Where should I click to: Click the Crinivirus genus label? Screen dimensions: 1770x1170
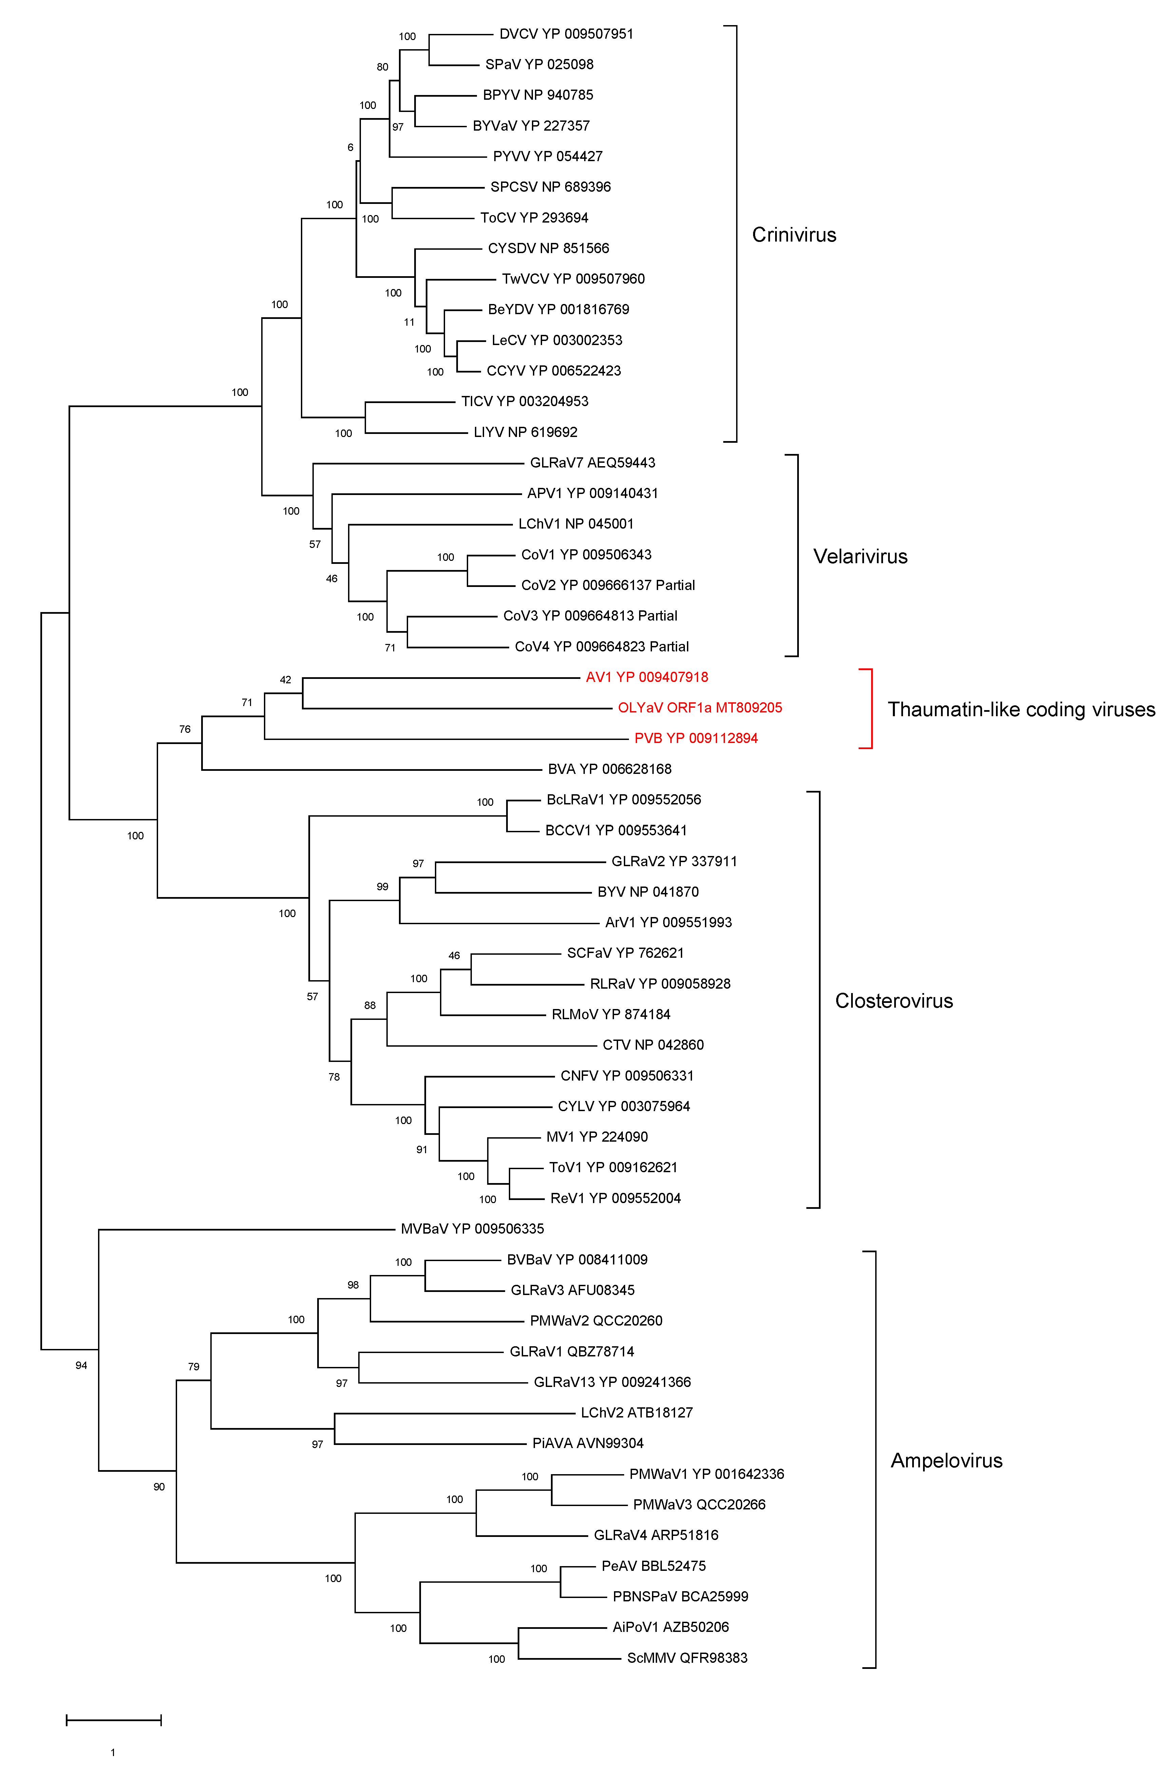tap(794, 235)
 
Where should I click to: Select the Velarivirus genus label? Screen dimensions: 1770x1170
tap(860, 557)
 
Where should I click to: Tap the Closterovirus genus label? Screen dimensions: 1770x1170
tap(894, 1001)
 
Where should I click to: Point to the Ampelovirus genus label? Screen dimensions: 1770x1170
tap(946, 1460)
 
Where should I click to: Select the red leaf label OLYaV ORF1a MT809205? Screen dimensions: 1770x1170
tap(700, 707)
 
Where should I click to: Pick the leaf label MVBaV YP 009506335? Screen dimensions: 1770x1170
tap(472, 1228)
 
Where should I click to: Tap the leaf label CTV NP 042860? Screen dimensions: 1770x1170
tap(653, 1045)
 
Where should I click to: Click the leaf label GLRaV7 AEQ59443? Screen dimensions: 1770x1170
tap(592, 463)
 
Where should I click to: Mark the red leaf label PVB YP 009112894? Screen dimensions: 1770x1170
tap(696, 738)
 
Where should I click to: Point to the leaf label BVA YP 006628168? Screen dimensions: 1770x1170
tap(610, 768)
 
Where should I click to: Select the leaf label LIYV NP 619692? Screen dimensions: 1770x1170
tap(525, 432)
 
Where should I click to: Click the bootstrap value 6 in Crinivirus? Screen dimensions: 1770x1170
tap(350, 148)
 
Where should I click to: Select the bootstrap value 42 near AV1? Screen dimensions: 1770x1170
tap(285, 680)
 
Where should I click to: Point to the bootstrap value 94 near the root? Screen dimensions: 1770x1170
tap(81, 1366)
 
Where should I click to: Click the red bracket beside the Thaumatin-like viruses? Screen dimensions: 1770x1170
tap(870, 708)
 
